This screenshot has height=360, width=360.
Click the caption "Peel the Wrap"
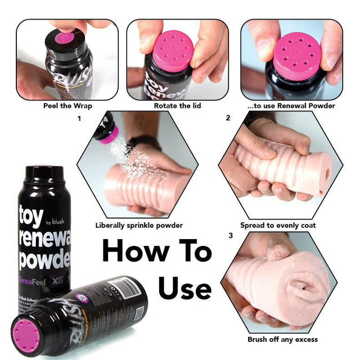coord(67,105)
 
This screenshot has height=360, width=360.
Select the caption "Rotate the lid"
coord(178,105)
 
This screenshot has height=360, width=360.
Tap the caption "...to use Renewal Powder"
coord(291,105)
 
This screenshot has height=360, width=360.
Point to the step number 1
coord(79,119)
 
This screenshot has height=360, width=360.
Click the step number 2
coord(228,118)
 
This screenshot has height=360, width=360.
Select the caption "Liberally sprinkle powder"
coord(139,226)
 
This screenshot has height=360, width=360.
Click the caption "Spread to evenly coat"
coord(278,226)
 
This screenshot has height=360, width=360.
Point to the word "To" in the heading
coord(192,252)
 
